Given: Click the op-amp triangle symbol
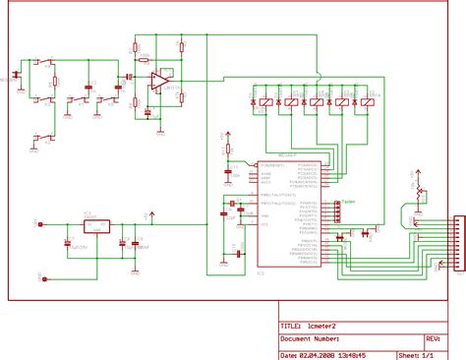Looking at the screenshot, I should point(157,80).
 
